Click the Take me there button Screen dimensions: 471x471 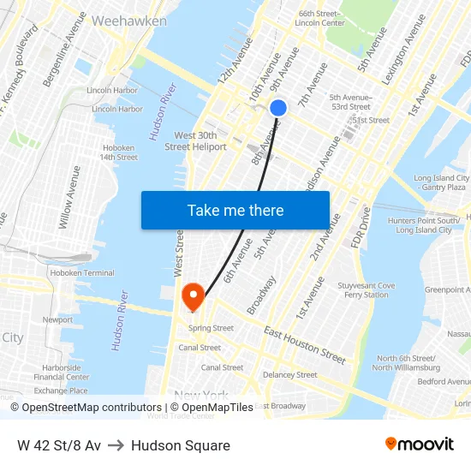click(x=235, y=211)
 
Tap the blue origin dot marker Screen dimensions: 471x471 click(x=278, y=108)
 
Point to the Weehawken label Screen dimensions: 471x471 click(x=128, y=21)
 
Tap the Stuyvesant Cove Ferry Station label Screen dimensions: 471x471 click(x=366, y=290)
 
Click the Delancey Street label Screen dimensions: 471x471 click(x=289, y=375)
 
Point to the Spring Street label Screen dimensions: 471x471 click(x=211, y=328)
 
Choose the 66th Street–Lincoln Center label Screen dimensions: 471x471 click(x=319, y=18)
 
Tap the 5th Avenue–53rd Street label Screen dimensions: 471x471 click(x=350, y=102)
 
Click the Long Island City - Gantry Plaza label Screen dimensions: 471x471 click(x=440, y=182)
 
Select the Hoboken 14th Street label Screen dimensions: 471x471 click(x=119, y=152)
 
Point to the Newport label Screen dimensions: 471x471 click(x=57, y=319)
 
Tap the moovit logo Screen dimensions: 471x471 click(x=419, y=444)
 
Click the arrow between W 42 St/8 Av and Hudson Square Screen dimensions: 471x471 click(x=116, y=445)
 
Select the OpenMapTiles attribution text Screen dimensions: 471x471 click(x=211, y=408)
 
